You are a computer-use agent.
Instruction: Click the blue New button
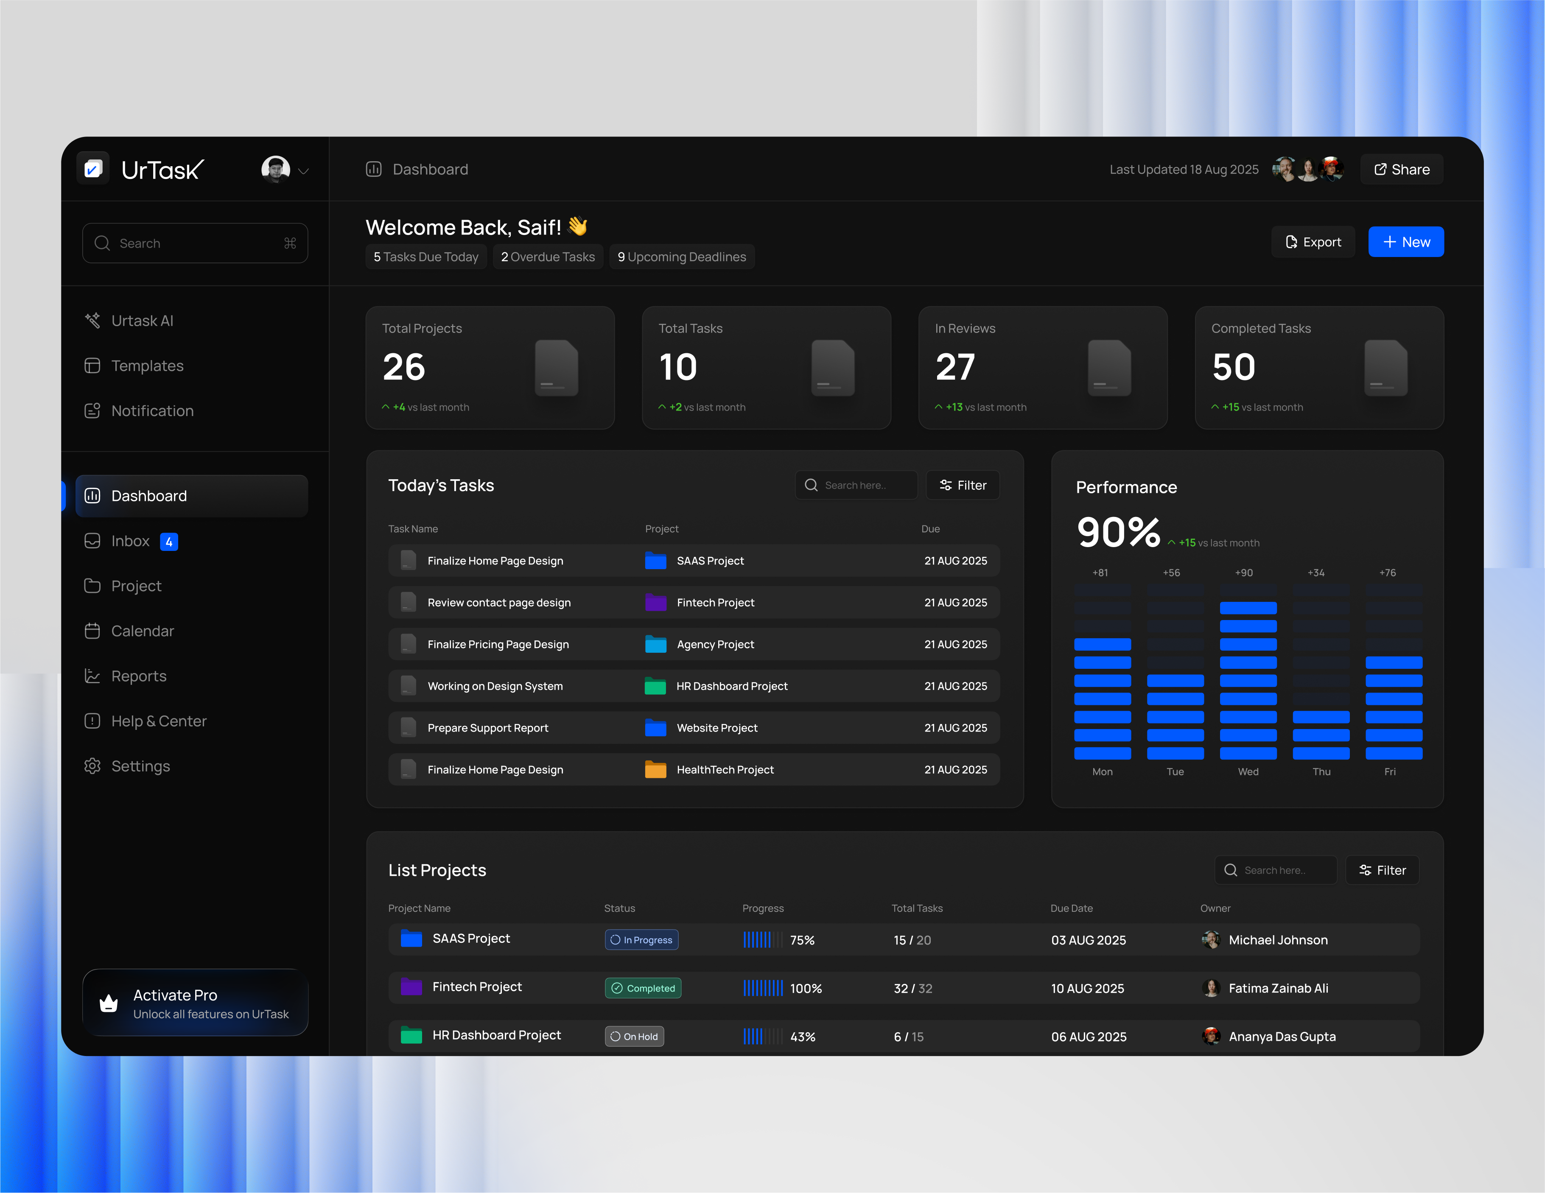pyautogui.click(x=1405, y=242)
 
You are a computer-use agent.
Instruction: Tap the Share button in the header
pyautogui.click(x=1401, y=170)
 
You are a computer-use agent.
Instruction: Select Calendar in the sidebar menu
pyautogui.click(x=142, y=631)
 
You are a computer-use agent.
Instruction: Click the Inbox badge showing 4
pyautogui.click(x=169, y=542)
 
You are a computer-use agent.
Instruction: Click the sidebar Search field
pyautogui.click(x=195, y=243)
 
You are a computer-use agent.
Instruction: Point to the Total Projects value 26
pyautogui.click(x=404, y=367)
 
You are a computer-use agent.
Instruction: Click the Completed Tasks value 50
pyautogui.click(x=1234, y=367)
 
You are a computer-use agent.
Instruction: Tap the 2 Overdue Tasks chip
pyautogui.click(x=548, y=257)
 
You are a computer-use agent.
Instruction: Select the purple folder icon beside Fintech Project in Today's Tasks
pyautogui.click(x=656, y=603)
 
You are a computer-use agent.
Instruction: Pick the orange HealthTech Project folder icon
pyautogui.click(x=656, y=769)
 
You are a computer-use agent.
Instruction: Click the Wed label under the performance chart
pyautogui.click(x=1248, y=771)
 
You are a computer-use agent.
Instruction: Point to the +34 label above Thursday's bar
pyautogui.click(x=1316, y=573)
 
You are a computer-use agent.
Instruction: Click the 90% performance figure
pyautogui.click(x=1118, y=533)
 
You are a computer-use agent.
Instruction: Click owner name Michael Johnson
pyautogui.click(x=1278, y=940)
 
